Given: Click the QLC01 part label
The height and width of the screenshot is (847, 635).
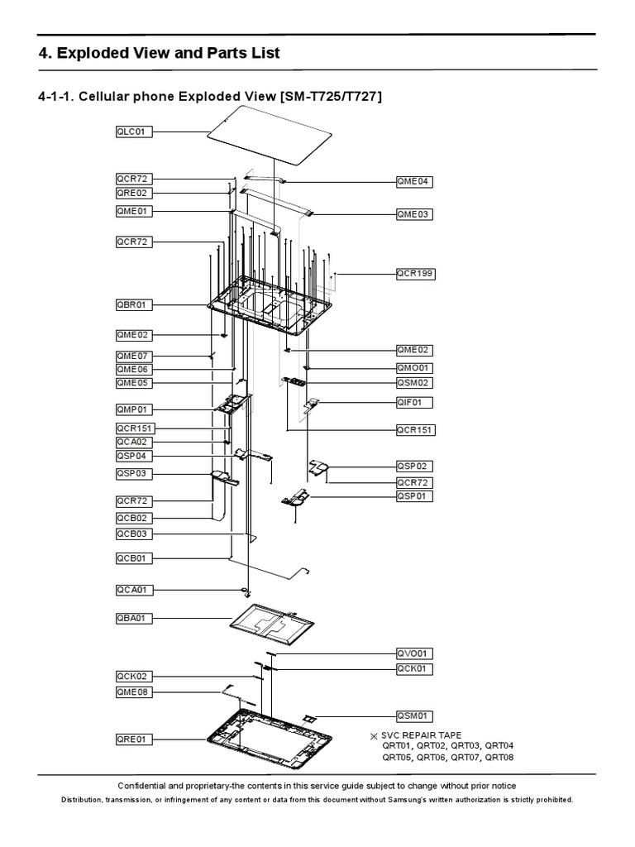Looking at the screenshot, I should (134, 131).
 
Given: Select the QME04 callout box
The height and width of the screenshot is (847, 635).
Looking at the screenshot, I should (414, 181).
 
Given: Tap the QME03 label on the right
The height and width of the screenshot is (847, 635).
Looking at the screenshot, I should (414, 214).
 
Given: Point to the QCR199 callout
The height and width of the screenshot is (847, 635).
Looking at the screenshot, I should (415, 273).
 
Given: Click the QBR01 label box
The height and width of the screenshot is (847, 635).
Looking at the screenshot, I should (134, 304).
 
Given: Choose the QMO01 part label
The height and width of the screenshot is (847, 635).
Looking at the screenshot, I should (414, 367).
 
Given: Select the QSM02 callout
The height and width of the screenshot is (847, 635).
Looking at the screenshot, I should (414, 383).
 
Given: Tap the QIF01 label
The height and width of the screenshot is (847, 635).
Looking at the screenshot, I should (414, 403).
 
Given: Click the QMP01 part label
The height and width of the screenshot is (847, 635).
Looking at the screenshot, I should (134, 409).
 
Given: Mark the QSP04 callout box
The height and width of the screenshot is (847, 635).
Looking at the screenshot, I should (134, 456).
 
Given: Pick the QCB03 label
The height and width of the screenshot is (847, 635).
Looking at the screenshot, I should (134, 534).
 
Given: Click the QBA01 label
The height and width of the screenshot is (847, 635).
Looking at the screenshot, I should (134, 618).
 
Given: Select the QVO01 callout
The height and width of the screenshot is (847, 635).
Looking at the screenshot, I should (414, 653).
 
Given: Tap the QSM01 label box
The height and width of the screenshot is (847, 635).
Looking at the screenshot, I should (414, 716).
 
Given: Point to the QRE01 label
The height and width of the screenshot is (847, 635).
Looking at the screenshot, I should (134, 739).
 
